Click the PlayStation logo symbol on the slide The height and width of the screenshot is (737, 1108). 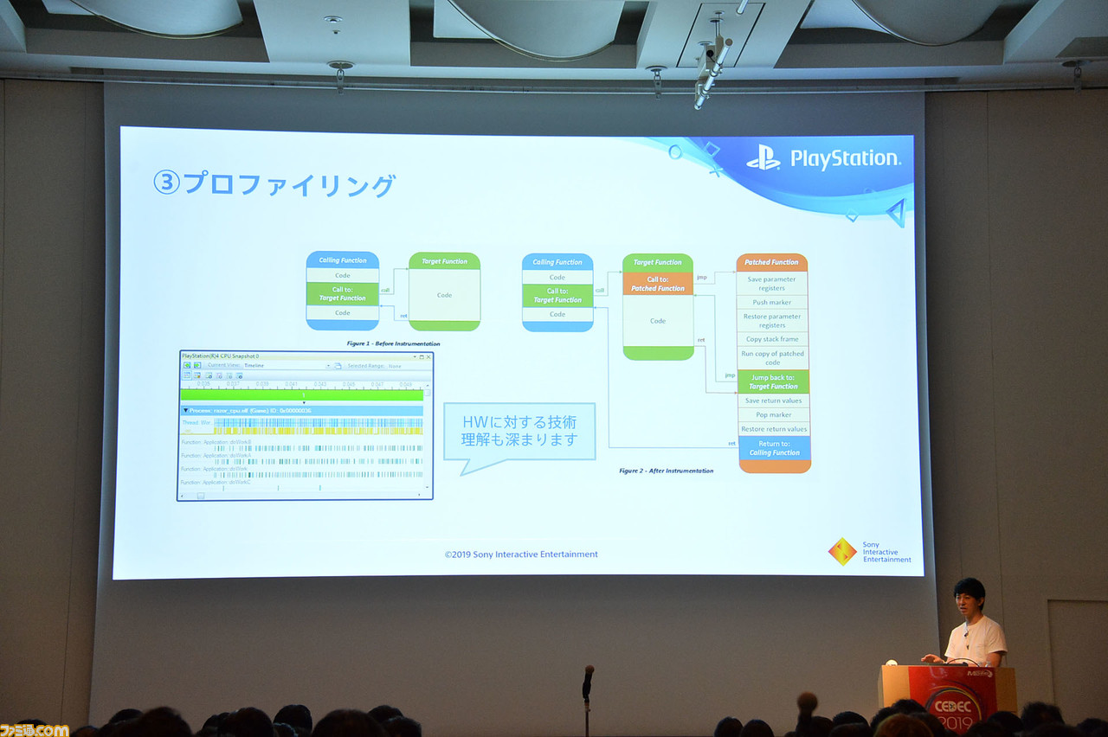(763, 157)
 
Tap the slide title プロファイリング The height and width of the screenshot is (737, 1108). (274, 184)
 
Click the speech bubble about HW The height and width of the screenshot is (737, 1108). (519, 433)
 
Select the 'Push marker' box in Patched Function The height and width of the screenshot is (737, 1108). (772, 302)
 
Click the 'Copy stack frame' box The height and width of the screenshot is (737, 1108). (772, 339)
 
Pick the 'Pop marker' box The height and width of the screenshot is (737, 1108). (773, 414)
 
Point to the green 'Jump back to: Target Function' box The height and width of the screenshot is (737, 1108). (773, 381)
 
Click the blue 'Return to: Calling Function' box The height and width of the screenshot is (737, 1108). (773, 448)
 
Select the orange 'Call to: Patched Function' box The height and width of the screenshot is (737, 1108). (658, 284)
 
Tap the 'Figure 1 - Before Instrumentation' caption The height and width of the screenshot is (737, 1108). (393, 343)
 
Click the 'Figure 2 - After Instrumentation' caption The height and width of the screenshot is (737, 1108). (666, 471)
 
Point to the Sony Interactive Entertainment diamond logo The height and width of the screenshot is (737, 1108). (842, 552)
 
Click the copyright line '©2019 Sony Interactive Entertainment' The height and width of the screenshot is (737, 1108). (521, 554)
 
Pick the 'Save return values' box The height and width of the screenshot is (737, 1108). (773, 401)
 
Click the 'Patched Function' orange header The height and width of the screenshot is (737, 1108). (772, 262)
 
